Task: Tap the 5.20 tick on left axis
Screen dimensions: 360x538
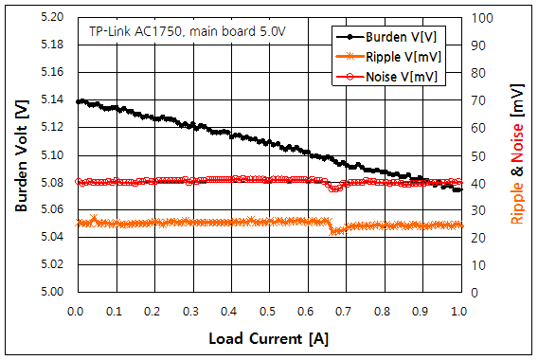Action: click(52, 18)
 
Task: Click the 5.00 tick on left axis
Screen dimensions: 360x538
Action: click(52, 292)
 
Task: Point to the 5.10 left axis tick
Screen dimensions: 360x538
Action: click(52, 155)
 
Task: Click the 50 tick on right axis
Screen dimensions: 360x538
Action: click(477, 155)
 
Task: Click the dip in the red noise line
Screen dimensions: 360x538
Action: click(334, 189)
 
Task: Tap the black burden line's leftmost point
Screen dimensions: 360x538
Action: click(78, 101)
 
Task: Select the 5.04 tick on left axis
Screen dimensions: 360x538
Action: click(52, 237)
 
